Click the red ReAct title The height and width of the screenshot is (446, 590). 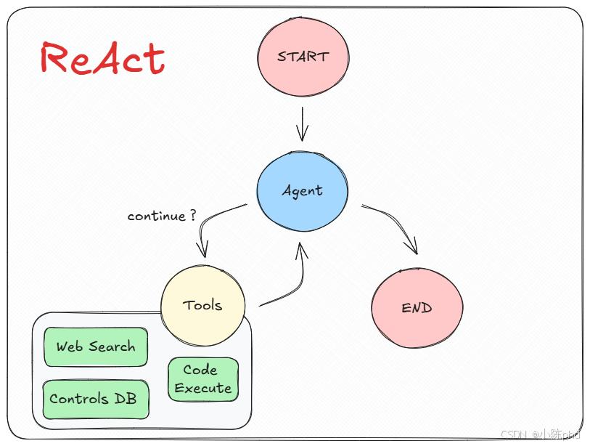102,58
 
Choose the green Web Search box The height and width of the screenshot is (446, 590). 96,346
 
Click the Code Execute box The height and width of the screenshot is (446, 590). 203,379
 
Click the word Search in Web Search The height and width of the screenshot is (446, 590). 112,346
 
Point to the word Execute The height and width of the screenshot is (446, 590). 203,388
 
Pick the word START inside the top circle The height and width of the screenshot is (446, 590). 303,56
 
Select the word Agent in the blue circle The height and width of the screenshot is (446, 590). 302,191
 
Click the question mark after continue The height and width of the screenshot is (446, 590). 192,216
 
